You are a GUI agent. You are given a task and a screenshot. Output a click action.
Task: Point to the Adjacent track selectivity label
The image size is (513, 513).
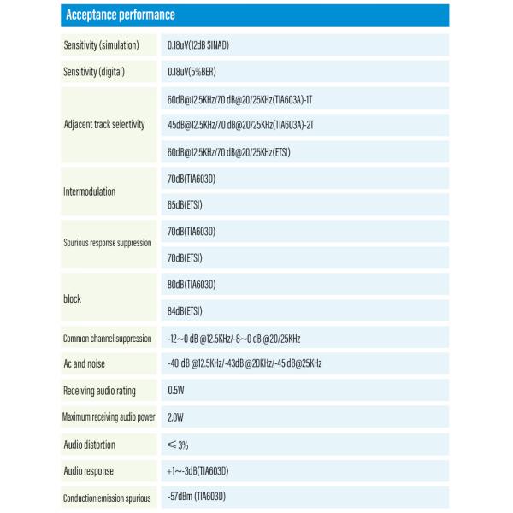[104, 125]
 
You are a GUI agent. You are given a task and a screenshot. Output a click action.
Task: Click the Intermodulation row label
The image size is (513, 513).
[90, 192]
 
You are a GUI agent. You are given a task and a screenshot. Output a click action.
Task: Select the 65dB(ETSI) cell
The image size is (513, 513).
[186, 205]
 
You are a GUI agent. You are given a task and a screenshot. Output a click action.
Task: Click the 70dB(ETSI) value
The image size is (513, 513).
[186, 257]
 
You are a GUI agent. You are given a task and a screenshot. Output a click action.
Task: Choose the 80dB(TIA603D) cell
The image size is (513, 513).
[192, 284]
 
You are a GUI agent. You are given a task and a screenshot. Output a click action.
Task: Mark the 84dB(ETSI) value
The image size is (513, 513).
[186, 311]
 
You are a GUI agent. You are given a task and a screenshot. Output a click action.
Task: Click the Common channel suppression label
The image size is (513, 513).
[107, 339]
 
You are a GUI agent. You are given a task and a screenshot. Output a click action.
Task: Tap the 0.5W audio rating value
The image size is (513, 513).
[178, 391]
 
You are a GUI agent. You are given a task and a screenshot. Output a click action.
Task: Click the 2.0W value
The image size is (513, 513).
[177, 418]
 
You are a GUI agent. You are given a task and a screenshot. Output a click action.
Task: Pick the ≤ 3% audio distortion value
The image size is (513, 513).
[179, 445]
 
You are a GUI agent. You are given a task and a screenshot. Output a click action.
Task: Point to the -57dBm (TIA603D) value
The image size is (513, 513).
[197, 497]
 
